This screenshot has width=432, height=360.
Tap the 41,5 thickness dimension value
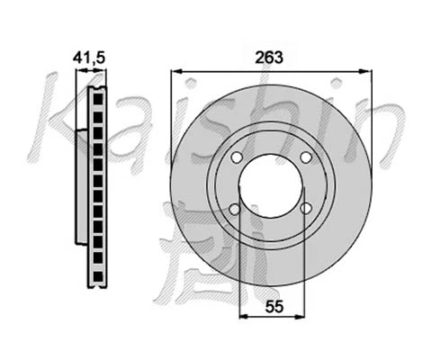(90, 58)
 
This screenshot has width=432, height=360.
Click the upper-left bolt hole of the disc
(237, 157)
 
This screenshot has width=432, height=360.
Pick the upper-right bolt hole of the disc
(305, 157)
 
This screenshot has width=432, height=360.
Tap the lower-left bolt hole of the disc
(235, 209)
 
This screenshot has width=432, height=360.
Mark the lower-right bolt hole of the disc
(305, 209)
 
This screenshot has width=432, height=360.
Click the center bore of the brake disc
(270, 184)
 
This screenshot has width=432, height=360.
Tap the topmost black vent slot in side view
(97, 94)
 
